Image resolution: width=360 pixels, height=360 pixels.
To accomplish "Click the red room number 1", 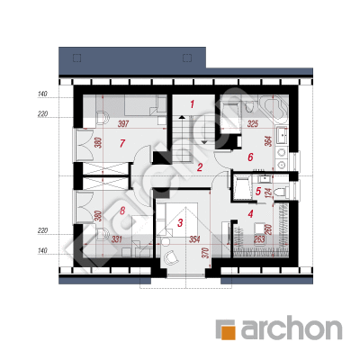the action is tap(192, 104).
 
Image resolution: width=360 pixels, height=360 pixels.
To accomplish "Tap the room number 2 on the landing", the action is tap(200, 167).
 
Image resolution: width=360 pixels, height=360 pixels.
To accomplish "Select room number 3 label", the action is tap(180, 223).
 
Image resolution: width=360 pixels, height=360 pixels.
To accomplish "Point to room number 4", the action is tap(250, 214).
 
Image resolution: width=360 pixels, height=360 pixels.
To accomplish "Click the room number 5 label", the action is tap(258, 191).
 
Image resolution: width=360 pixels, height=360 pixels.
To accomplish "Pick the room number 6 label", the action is tap(250, 157).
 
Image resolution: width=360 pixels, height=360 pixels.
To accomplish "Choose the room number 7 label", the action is tap(121, 144).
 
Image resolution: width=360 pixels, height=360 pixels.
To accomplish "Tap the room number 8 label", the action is tap(121, 211).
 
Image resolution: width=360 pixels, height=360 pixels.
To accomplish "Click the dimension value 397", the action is tap(123, 123).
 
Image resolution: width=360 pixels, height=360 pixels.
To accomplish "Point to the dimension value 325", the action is tap(253, 123).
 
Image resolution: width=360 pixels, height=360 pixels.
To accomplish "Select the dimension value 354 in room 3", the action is tap(194, 239).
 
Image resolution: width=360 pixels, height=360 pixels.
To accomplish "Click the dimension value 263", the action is tap(259, 239).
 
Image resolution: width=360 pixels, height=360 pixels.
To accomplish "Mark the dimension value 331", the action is tap(117, 239).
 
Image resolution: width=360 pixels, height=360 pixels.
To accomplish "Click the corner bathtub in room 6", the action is tap(275, 110).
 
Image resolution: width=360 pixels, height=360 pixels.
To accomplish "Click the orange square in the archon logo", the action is tap(228, 331).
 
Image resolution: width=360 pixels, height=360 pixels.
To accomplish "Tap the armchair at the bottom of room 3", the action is tap(170, 256).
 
